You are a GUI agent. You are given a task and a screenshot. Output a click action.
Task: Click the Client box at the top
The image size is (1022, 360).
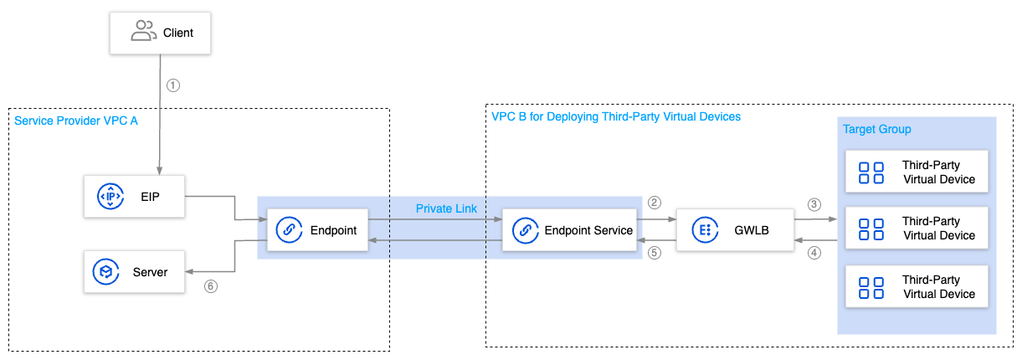161,33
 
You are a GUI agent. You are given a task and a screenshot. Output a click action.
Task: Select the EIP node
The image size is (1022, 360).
134,197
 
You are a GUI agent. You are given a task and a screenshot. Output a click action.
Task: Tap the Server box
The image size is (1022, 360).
134,272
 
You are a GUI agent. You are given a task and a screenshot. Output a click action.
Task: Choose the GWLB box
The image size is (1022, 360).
734,230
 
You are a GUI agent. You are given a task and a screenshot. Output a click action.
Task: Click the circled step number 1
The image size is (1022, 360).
173,85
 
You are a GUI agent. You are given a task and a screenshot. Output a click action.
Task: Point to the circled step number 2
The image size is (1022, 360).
655,203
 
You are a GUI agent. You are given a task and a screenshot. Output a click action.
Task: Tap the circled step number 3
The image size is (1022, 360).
814,204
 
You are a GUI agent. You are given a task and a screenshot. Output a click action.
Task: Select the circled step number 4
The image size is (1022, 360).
814,254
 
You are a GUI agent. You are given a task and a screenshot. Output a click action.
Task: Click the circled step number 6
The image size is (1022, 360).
211,286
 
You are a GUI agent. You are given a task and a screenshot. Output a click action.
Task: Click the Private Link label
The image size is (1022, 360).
446,208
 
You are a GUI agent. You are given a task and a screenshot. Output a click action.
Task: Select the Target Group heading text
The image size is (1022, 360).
876,130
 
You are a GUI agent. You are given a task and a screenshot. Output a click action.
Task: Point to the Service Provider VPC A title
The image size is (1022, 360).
75,121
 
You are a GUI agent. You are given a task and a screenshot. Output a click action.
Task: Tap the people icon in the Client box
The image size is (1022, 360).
143,33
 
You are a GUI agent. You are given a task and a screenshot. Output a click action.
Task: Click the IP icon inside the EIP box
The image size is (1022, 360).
110,197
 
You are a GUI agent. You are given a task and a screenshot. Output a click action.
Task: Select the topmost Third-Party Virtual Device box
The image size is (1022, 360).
917,172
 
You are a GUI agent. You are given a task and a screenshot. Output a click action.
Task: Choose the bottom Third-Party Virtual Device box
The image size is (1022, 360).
917,286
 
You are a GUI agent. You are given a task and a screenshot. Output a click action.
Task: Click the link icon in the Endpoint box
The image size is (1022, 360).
288,230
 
